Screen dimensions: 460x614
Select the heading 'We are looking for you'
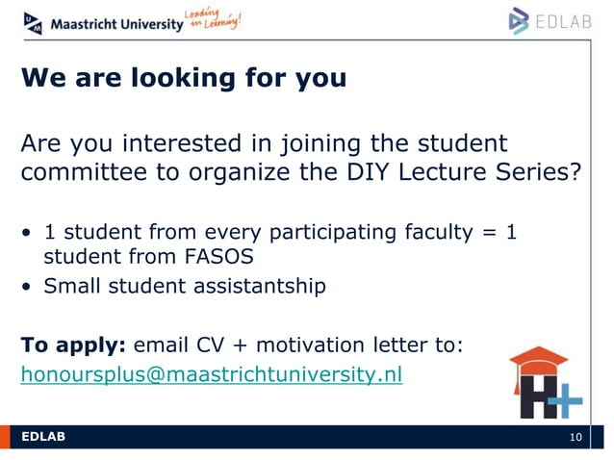[x=184, y=78]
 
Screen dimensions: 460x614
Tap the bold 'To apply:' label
[x=73, y=345]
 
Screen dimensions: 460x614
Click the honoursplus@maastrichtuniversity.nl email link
[x=212, y=374]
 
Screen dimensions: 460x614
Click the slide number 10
[x=576, y=439]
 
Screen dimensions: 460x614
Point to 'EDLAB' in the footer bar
[x=43, y=439]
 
